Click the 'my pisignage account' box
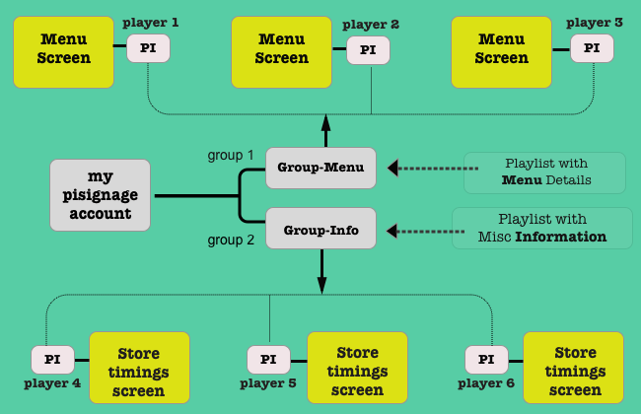point(101,196)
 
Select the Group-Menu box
point(320,168)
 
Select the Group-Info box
point(320,229)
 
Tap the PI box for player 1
point(148,47)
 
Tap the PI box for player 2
point(368,49)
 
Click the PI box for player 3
point(592,47)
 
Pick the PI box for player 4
point(52,360)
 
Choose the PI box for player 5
point(268,360)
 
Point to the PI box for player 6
point(485,360)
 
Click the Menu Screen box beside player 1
point(63,48)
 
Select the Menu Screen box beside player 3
point(501,48)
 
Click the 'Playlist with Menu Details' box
point(545,172)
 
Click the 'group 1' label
point(231,155)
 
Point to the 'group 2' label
point(231,240)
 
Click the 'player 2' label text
point(371,24)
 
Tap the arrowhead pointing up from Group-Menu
point(325,123)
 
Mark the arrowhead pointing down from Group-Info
point(322,284)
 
